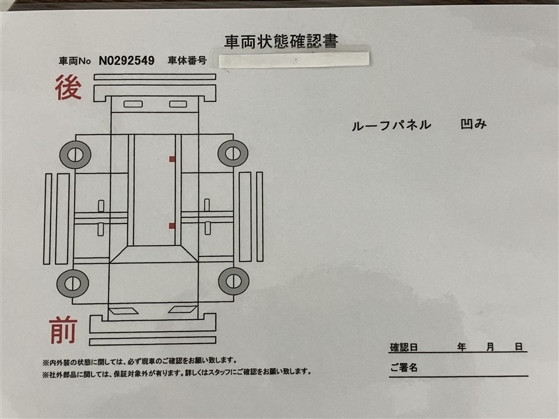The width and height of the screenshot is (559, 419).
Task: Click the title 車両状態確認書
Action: point(281,41)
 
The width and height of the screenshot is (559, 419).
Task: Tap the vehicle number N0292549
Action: point(126,61)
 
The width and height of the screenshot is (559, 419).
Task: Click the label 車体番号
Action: point(187,61)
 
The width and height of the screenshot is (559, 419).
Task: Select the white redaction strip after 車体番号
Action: point(291,59)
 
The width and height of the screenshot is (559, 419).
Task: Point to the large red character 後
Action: point(68,87)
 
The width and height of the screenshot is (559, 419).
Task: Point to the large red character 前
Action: point(63,330)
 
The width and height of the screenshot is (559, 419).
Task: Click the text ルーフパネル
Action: point(391,125)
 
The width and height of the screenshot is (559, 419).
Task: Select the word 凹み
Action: point(474,124)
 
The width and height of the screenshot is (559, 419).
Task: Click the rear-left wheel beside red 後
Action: point(75,155)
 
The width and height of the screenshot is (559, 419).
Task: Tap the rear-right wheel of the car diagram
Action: point(233,153)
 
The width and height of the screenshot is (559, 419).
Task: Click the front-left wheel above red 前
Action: point(73,284)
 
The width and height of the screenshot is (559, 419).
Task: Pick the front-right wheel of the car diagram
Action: point(233,281)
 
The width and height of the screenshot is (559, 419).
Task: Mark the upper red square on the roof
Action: point(172,159)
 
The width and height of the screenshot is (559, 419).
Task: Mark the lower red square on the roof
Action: point(172,226)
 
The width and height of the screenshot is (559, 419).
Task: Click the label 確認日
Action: point(404,347)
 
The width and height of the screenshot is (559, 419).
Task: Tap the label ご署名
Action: point(404,367)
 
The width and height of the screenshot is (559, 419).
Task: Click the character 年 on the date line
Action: point(462,346)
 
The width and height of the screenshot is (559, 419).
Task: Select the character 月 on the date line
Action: point(491,346)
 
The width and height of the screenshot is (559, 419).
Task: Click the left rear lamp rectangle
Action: point(133,104)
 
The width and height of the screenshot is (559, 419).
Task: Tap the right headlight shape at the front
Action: point(183,309)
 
